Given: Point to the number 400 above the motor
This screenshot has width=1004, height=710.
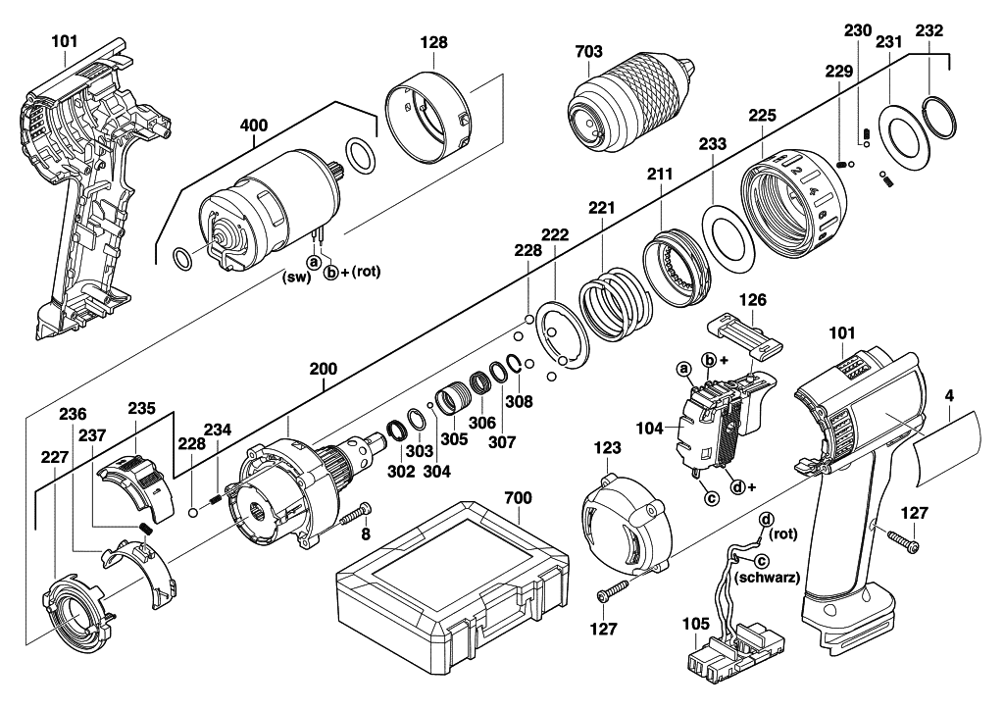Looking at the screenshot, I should coord(254,126).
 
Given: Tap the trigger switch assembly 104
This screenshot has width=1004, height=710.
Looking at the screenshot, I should coord(723,424).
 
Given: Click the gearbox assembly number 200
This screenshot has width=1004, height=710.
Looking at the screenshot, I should coord(324,369).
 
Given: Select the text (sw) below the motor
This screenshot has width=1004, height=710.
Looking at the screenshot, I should coord(296,277).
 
